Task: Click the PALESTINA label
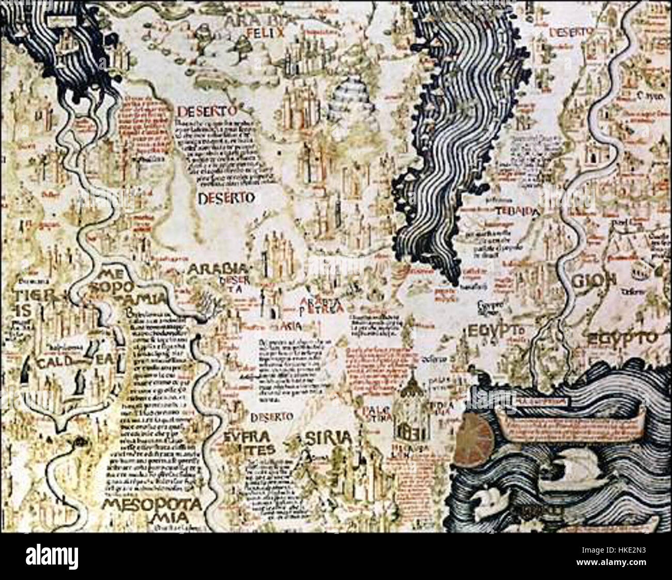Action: point(369,414)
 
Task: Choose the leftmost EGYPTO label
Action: point(497,329)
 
